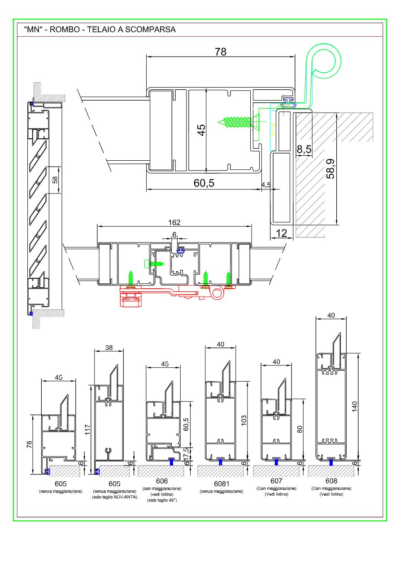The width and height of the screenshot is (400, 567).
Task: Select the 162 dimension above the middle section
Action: tap(174, 222)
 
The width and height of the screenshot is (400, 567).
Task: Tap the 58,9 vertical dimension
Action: tap(330, 168)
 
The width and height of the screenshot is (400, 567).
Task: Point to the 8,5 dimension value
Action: tap(304, 149)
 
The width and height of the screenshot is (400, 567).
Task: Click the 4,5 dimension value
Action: tap(265, 185)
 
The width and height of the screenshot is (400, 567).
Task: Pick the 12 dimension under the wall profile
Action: tap(282, 233)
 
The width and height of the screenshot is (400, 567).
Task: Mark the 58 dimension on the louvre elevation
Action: tap(55, 180)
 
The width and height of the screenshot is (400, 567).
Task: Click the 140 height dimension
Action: tap(354, 407)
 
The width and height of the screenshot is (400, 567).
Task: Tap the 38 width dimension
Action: tap(109, 347)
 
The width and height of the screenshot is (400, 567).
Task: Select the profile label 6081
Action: tap(221, 484)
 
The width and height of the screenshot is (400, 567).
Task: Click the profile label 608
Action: tap(331, 481)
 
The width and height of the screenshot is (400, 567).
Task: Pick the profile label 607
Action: tap(276, 481)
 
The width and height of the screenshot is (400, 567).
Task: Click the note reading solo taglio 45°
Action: tap(162, 500)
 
